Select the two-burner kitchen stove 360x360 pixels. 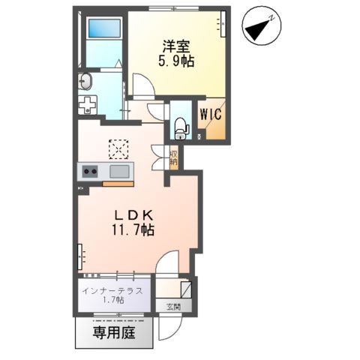91,172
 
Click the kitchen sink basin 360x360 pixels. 120,172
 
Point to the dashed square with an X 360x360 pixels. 118,151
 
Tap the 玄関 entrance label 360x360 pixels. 172,307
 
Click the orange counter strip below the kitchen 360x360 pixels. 117,182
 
